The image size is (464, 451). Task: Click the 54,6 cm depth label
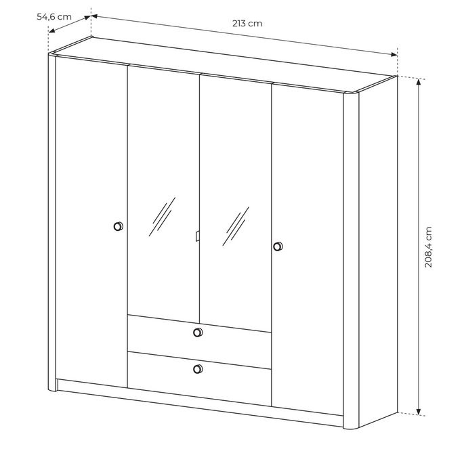pos(54,16)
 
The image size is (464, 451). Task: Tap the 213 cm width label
pos(247,24)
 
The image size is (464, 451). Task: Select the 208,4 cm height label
pos(428,247)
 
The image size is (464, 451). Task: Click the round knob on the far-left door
pos(119,226)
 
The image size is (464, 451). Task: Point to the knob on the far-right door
pos(278,246)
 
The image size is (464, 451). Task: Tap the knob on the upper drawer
pos(198,332)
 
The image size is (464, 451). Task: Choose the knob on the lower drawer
pos(198,369)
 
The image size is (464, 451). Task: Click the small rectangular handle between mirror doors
pos(198,236)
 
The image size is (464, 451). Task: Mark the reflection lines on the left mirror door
pos(162,217)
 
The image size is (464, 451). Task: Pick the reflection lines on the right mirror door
pos(236,226)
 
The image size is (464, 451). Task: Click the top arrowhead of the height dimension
pos(418,82)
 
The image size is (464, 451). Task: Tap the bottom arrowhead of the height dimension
pos(418,411)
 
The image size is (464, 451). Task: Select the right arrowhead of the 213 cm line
pos(394,54)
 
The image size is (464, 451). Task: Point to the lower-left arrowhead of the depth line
pos(51,30)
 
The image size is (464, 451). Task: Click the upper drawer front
pos(199,334)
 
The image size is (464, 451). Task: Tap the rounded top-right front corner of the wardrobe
pos(351,93)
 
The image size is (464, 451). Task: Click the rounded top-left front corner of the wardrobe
pos(52,54)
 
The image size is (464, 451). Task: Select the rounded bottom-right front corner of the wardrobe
pos(352,427)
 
